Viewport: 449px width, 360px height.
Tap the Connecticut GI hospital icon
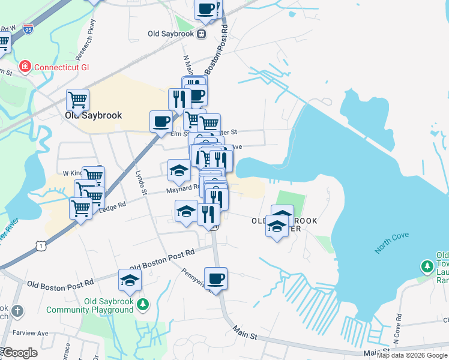point(25,66)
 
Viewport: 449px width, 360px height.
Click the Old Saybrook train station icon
point(202,34)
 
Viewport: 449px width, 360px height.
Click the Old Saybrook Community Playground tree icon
point(142,305)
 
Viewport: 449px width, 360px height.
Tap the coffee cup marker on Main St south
point(216,278)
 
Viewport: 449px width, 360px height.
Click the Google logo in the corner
point(19,352)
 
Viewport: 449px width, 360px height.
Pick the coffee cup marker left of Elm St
point(161,121)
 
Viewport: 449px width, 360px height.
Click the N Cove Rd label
point(397,324)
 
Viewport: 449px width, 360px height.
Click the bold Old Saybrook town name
point(94,115)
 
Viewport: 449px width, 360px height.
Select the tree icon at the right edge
point(427,265)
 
